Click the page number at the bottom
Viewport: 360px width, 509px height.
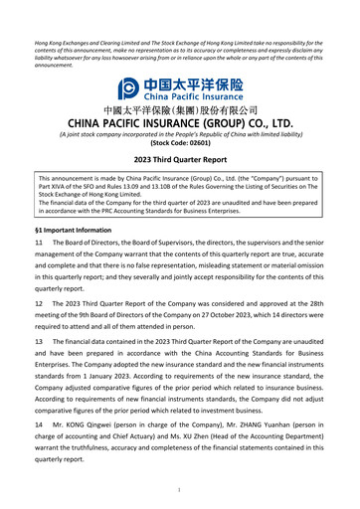click(180, 489)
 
